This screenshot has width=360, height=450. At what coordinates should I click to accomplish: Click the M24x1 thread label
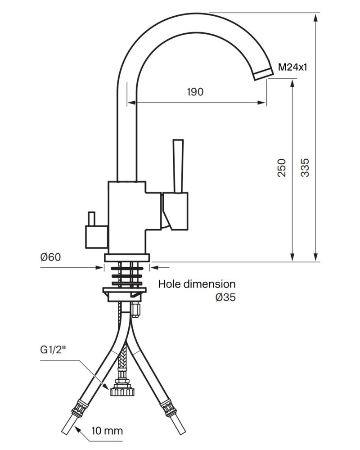[x=292, y=67]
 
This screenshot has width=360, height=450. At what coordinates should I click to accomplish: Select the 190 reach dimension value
[x=195, y=92]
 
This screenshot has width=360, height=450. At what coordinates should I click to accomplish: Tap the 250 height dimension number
[x=282, y=167]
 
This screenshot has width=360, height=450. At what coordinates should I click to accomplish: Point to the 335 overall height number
[x=305, y=167]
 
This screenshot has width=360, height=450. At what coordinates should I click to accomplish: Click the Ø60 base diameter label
[x=50, y=257]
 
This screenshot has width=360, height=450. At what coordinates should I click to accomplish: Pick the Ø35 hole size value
[x=225, y=297]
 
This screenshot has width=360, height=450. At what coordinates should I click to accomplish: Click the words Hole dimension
[x=197, y=284]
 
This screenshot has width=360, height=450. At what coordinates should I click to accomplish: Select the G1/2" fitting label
[x=53, y=350]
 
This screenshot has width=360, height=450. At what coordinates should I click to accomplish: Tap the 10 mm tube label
[x=107, y=431]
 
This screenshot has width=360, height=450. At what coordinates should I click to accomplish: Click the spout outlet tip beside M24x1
[x=263, y=74]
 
